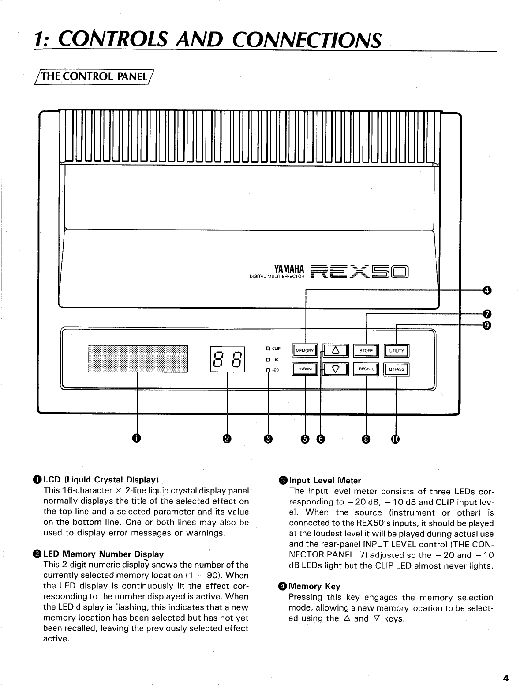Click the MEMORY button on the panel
[304, 351]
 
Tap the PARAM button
[304, 369]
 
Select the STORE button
[366, 351]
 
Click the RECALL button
[366, 369]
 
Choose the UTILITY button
[397, 351]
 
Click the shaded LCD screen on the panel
[138, 359]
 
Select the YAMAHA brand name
[289, 269]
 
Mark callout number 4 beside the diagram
[486, 290]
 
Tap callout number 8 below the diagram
[366, 439]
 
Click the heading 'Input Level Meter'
[325, 480]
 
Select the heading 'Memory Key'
[314, 586]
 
